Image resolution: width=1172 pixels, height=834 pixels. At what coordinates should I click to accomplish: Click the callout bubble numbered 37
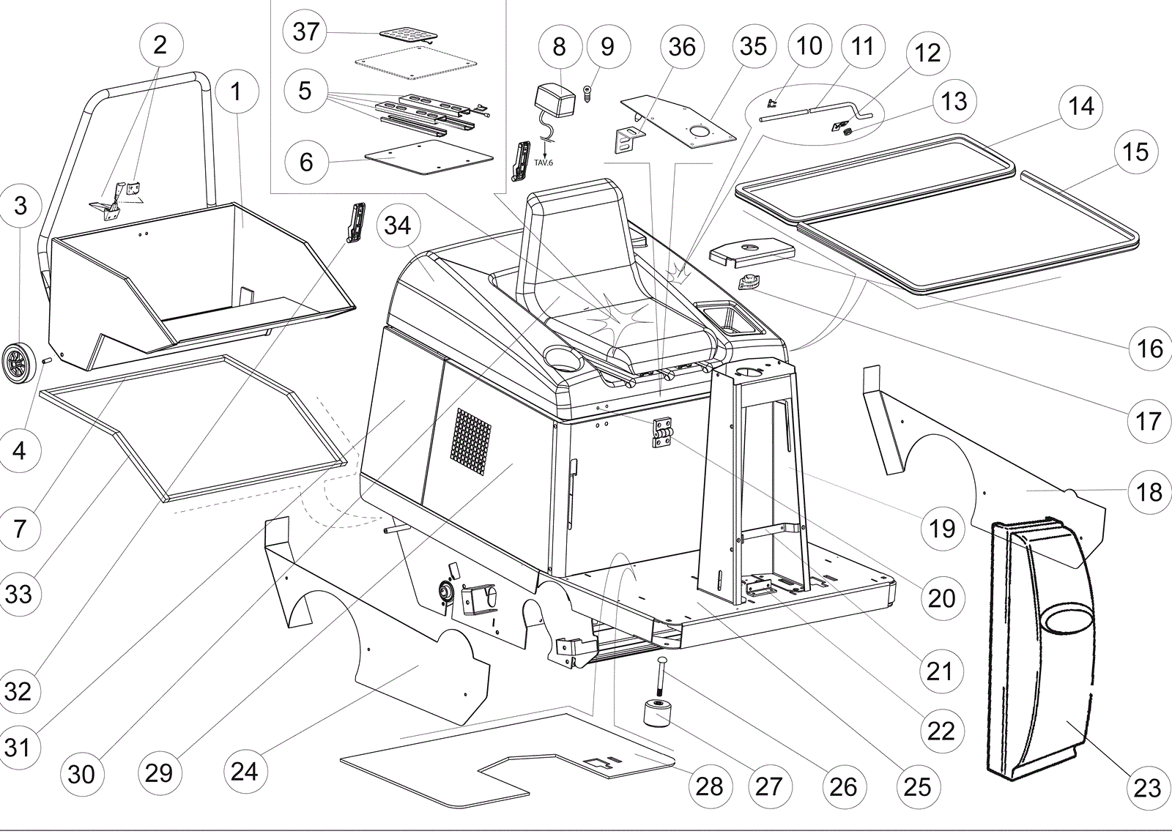tap(306, 31)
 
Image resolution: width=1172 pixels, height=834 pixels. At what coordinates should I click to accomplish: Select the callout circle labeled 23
tap(1148, 787)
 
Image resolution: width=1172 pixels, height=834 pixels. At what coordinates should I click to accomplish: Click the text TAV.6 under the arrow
tap(544, 162)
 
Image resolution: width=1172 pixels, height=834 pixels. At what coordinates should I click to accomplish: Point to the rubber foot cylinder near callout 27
tap(656, 714)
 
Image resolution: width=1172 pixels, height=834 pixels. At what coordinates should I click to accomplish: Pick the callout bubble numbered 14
tap(1080, 106)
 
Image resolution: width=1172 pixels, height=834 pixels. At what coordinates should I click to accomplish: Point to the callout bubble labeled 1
tap(235, 92)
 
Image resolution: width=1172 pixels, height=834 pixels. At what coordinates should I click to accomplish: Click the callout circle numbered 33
tap(18, 592)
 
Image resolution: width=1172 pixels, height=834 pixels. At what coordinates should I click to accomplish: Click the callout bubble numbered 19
tap(943, 527)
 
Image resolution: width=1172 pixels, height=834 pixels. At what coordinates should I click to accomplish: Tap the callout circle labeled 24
tap(245, 771)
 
